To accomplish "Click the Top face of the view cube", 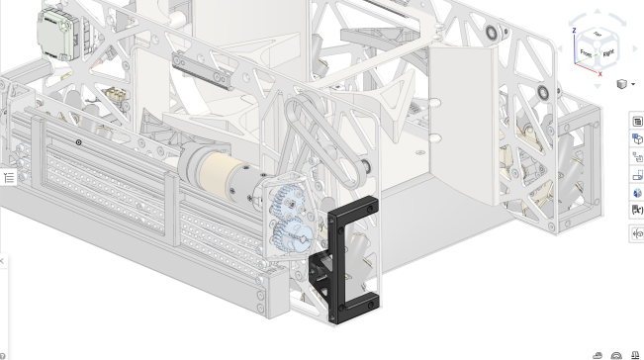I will pyautogui.click(x=598, y=36).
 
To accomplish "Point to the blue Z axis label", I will pyautogui.click(x=574, y=31).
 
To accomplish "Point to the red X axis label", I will pyautogui.click(x=599, y=73).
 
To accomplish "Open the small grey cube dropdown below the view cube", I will pyautogui.click(x=624, y=85).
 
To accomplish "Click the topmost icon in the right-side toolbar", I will pyautogui.click(x=637, y=121).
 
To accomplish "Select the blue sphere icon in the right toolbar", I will pyautogui.click(x=637, y=192).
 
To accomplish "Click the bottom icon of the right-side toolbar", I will pyautogui.click(x=637, y=234).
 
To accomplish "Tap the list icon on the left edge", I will pyautogui.click(x=9, y=178).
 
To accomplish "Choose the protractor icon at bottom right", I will pyautogui.click(x=616, y=354).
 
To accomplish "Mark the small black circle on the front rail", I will pyautogui.click(x=79, y=142).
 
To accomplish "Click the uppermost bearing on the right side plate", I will pyautogui.click(x=492, y=33).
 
